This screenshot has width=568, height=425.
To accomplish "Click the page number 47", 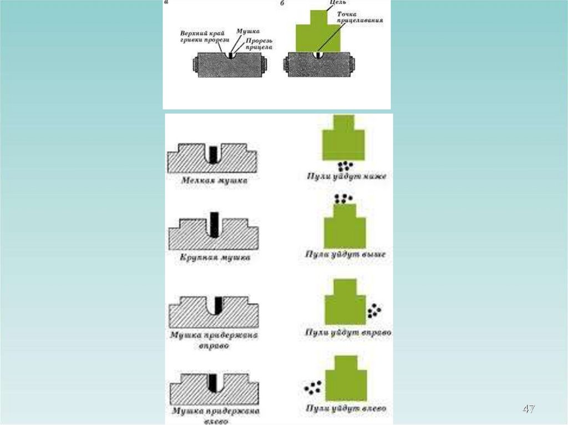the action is tap(529, 409).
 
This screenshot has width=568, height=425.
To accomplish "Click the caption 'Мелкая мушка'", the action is tap(214, 180).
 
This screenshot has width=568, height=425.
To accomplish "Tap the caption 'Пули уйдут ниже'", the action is tap(347, 177).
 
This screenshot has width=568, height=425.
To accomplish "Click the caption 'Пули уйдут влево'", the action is tap(347, 408).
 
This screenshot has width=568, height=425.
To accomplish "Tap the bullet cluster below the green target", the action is tap(345, 165).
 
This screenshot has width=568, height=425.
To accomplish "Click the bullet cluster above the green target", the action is tap(343, 198).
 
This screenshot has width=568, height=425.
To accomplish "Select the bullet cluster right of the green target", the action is tap(374, 310).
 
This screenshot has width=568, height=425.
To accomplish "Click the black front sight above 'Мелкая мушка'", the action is tap(212, 152).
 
